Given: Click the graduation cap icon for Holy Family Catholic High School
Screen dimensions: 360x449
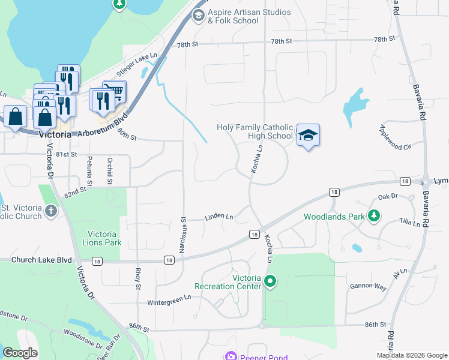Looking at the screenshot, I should pyautogui.click(x=308, y=135).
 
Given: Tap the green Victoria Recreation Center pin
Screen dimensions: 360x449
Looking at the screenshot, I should pyautogui.click(x=270, y=280).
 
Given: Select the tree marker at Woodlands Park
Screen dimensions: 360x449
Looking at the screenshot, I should pyautogui.click(x=374, y=215).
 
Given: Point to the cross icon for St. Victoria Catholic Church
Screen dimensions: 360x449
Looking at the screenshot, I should pyautogui.click(x=51, y=211).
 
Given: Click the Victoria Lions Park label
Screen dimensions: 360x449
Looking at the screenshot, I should pyautogui.click(x=97, y=238).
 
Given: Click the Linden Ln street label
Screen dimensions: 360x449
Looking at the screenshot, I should pyautogui.click(x=218, y=215).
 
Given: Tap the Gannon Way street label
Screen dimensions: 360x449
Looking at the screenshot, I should pyautogui.click(x=368, y=287).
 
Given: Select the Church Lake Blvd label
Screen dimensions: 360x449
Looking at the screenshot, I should pyautogui.click(x=36, y=260).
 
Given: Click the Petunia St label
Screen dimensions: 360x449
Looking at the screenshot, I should pyautogui.click(x=89, y=170).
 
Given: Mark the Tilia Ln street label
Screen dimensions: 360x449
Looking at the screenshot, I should pyautogui.click(x=409, y=223).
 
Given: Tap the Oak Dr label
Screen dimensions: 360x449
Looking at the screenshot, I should pyautogui.click(x=388, y=196).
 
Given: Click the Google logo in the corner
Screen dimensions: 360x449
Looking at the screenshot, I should pyautogui.click(x=20, y=353).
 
